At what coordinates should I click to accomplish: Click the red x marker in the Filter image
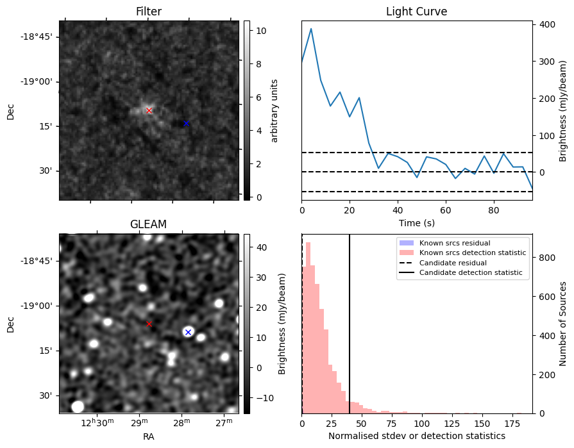149,110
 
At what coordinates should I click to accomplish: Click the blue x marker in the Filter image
187,123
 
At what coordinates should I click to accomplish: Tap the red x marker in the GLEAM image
149,324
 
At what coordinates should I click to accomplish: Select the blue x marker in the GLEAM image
188,332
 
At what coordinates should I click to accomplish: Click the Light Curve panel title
416,12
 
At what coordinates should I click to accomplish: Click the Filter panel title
149,12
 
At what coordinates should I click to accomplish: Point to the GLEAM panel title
149,224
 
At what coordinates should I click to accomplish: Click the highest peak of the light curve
311,29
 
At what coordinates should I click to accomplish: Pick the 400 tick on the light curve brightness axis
546,24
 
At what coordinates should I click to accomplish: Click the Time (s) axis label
416,222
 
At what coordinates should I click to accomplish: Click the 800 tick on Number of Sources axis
546,258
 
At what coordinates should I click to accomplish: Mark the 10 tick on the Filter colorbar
261,31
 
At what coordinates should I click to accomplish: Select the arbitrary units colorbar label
274,110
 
